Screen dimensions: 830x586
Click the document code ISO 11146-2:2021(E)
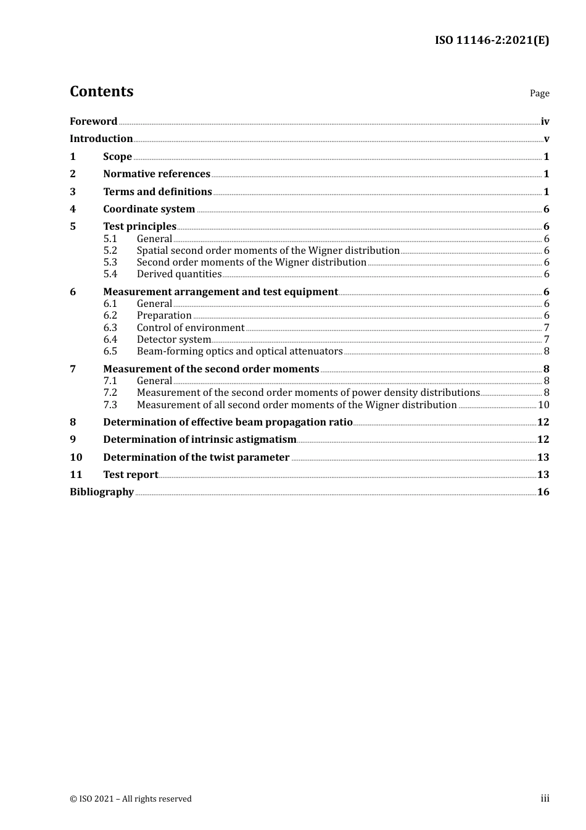492,40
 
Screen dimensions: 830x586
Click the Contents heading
101,91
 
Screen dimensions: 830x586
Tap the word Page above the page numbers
539,93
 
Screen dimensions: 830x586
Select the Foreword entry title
93,121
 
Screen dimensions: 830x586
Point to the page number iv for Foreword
545,122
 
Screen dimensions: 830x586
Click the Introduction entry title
101,138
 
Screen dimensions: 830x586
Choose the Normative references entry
157,174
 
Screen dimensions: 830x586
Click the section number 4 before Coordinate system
73,209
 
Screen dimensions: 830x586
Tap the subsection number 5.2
110,250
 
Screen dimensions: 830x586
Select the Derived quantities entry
179,274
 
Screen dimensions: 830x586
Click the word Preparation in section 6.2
164,315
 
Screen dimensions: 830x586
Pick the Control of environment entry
191,327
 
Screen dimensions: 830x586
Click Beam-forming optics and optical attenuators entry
239,351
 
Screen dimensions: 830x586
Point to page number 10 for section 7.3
543,405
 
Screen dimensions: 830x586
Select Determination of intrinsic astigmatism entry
200,439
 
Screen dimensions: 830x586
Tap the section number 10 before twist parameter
76,457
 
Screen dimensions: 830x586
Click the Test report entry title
131,474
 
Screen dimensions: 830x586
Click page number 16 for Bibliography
543,492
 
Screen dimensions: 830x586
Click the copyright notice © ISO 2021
131,799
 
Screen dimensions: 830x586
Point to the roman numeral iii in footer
545,798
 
